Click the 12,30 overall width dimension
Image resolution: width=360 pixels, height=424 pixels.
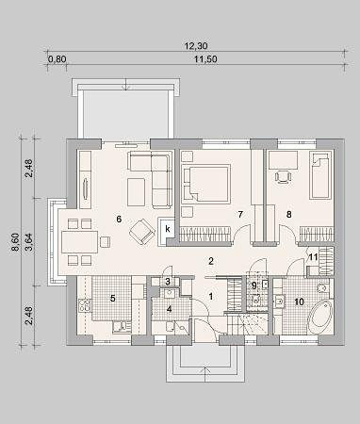coord(196,46)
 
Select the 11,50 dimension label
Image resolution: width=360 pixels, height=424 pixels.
coord(205,58)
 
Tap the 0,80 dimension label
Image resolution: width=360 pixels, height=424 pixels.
coord(57,58)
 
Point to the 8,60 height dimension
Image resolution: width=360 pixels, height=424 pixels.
coord(15,242)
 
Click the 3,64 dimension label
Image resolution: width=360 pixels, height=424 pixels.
coord(29,242)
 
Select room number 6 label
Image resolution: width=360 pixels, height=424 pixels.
coord(119,219)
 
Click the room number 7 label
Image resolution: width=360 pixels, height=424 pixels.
coord(240,215)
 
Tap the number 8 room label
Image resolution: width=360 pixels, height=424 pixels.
coord(289,215)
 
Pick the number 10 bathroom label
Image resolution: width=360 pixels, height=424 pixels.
coord(300,302)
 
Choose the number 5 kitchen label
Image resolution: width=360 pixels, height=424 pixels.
coord(112,299)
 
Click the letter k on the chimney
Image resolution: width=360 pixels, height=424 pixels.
coord(168,229)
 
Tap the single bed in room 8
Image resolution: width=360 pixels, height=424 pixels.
coord(320,175)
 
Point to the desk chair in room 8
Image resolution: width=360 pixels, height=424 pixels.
coord(283,177)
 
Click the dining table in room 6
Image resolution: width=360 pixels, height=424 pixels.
coord(80,242)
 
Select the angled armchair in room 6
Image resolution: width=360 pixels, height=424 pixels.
coord(142,232)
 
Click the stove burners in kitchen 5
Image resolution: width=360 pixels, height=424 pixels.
coord(85,305)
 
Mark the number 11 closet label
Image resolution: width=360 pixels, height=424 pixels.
coord(313,257)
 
